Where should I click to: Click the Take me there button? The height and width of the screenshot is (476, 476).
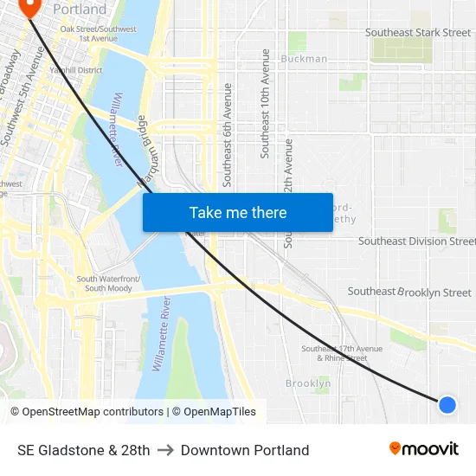(x=238, y=212)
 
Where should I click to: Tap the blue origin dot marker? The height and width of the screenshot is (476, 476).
(x=447, y=404)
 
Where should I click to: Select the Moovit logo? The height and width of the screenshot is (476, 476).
(x=424, y=449)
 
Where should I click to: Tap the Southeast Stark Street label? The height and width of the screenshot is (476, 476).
(x=418, y=33)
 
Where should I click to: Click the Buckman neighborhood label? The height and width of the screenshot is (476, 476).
(x=304, y=59)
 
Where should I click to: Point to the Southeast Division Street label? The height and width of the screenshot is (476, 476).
(x=416, y=241)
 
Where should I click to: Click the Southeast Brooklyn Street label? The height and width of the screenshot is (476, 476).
(x=409, y=293)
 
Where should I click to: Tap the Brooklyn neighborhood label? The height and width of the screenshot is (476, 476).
(x=308, y=383)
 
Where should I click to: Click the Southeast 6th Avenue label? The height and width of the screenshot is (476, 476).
(x=228, y=134)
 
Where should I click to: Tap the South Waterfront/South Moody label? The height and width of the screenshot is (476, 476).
(x=108, y=284)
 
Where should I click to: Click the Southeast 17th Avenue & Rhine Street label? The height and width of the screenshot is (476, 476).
(x=334, y=353)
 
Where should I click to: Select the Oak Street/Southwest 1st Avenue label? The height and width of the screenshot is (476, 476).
(x=99, y=34)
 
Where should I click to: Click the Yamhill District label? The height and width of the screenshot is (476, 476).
(x=76, y=71)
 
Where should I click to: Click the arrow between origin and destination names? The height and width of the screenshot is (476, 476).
(x=165, y=450)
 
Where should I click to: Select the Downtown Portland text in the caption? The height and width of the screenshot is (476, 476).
(x=245, y=450)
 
